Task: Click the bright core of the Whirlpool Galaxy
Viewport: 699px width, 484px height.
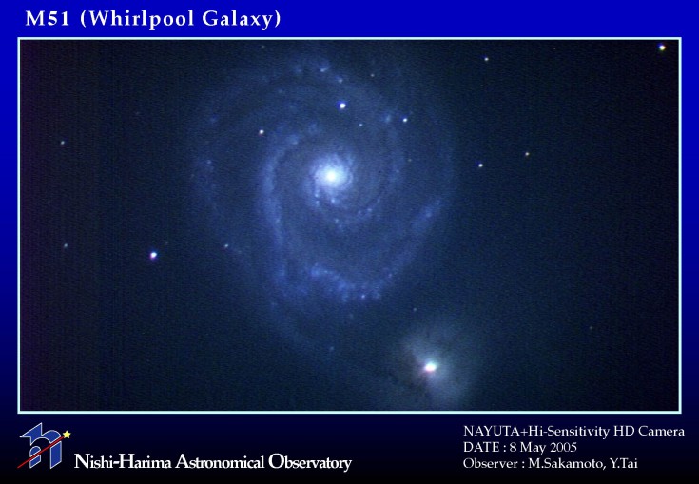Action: click(x=331, y=175)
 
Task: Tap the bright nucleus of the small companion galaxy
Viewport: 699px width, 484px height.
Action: click(x=430, y=367)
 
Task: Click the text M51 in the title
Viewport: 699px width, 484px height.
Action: click(x=48, y=19)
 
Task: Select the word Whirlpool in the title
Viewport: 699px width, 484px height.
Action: click(x=138, y=20)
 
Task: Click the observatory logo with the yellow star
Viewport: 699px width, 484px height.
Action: click(x=44, y=446)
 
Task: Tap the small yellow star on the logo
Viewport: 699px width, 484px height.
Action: click(x=67, y=434)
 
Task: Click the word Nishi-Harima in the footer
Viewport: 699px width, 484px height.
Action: click(x=123, y=462)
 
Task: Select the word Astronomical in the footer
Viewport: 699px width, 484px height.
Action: click(x=220, y=462)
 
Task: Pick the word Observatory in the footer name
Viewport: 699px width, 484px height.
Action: click(x=310, y=462)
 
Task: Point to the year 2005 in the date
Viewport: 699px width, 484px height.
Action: click(x=563, y=447)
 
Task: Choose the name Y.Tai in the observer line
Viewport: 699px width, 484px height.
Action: click(x=624, y=463)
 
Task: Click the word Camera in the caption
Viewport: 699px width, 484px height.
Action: click(x=661, y=432)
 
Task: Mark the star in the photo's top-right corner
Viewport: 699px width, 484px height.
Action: click(x=662, y=48)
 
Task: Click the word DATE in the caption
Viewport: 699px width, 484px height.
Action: click(x=481, y=447)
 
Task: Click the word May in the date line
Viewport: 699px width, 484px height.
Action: click(x=534, y=448)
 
